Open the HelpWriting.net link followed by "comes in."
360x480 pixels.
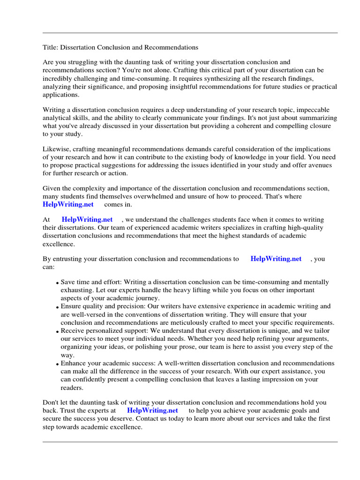(68, 204)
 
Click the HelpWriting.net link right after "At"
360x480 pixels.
(87, 219)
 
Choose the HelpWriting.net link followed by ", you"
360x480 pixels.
(276, 259)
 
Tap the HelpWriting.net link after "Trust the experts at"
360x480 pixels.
(152, 410)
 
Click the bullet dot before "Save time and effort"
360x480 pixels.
(57, 284)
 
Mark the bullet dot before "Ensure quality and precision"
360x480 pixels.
(57, 307)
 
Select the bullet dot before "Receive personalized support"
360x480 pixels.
(57, 331)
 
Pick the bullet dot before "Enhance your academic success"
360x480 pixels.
(57, 364)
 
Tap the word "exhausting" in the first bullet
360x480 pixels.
(76, 290)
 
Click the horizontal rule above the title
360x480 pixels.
(190, 33)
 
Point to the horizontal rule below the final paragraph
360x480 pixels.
(190, 442)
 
